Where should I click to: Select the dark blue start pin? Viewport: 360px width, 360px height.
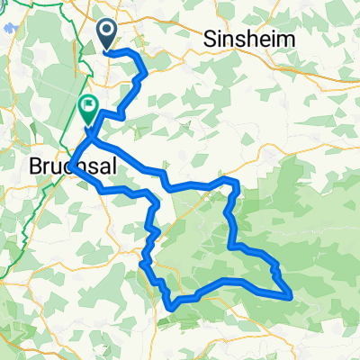106,34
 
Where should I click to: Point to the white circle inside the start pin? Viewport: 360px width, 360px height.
106,31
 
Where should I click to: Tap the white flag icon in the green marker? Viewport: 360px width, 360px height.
89,106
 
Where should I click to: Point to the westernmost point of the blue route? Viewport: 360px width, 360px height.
69,166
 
